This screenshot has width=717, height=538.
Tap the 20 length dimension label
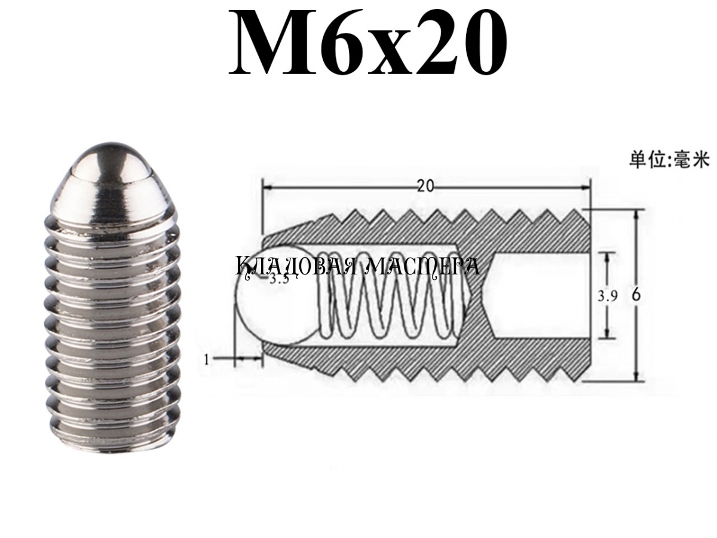[425, 186]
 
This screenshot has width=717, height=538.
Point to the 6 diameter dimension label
[636, 296]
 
